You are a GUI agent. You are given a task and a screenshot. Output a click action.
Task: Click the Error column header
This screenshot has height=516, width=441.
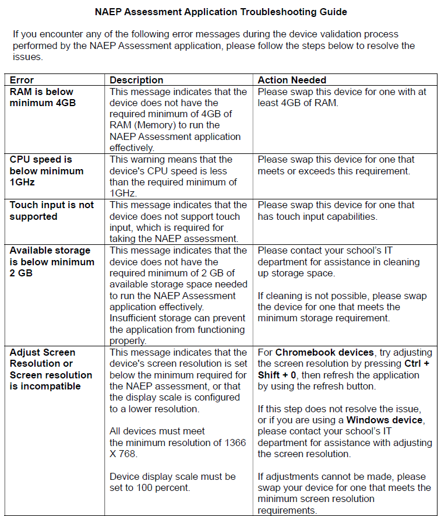coord(22,80)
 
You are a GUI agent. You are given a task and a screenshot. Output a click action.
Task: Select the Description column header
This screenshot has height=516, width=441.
coord(136,80)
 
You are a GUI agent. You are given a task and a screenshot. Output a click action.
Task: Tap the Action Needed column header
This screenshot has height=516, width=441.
coord(292,80)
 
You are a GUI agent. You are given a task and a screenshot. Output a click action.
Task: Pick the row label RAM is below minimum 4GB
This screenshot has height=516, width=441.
coord(42,97)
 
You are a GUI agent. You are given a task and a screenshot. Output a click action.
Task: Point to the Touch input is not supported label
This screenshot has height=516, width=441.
coord(51,210)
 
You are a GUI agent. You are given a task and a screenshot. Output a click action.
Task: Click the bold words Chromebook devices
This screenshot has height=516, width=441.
coord(324,352)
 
